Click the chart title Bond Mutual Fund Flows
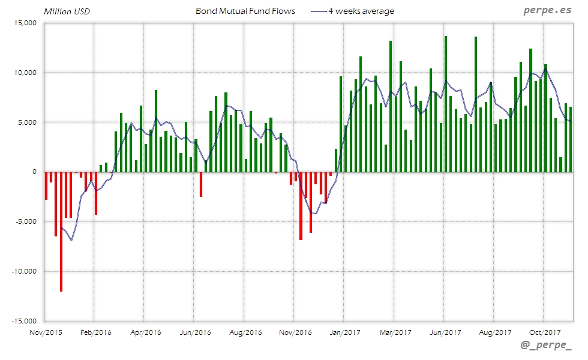tap(245, 11)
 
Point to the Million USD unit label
tap(67, 11)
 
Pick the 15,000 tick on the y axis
tap(25, 23)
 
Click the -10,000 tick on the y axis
tap(24, 271)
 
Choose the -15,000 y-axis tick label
tap(24, 321)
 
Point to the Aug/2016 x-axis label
tap(245, 331)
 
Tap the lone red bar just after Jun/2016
tap(201, 184)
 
